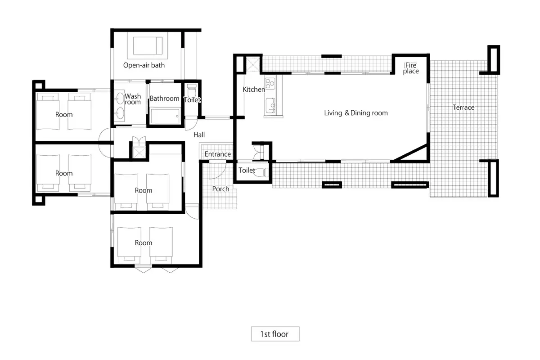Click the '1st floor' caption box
pyautogui.click(x=275, y=334)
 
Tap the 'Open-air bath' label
pyautogui.click(x=144, y=65)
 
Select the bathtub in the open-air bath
pyautogui.click(x=148, y=45)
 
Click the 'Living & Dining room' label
pyautogui.click(x=356, y=113)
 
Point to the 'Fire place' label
pyautogui.click(x=411, y=68)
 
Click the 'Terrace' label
pyautogui.click(x=463, y=107)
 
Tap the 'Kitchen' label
pyautogui.click(x=254, y=90)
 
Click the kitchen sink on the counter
pyautogui.click(x=270, y=105)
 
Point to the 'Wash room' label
pyautogui.click(x=133, y=99)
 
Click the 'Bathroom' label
pyautogui.click(x=164, y=99)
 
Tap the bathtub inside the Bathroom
pyautogui.click(x=165, y=116)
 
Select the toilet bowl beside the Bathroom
pyautogui.click(x=192, y=90)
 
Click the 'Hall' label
pyautogui.click(x=199, y=135)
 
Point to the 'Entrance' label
pyautogui.click(x=218, y=154)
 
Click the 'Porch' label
pyautogui.click(x=220, y=189)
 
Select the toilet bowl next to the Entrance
pyautogui.click(x=261, y=172)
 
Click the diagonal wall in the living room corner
pyautogui.click(x=409, y=153)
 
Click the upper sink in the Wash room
pyautogui.click(x=120, y=99)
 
